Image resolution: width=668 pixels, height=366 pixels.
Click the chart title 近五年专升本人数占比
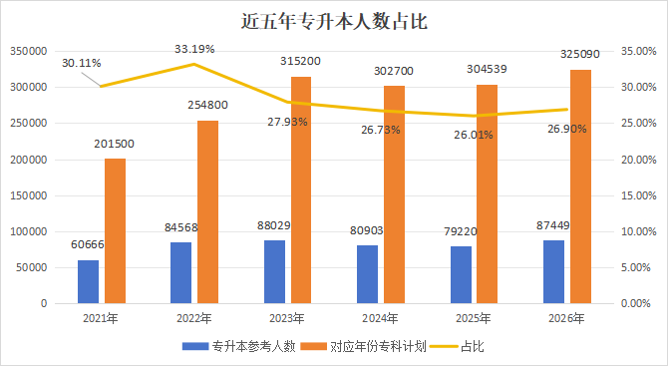tap(334, 20)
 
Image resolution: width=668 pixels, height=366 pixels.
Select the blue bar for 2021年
tap(88, 281)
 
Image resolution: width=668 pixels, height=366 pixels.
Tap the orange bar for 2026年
tap(580, 186)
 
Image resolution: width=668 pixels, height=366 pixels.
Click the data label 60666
tap(88, 243)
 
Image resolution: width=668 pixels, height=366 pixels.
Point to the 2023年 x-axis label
tap(287, 318)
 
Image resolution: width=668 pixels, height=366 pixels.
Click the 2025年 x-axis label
tap(474, 318)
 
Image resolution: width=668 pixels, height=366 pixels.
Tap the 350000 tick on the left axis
tap(28, 51)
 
